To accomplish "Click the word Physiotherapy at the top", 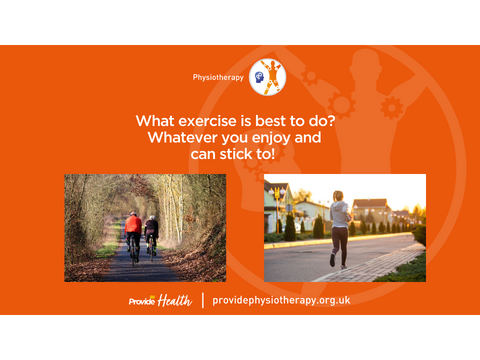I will click(218, 77).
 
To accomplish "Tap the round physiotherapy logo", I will click(268, 77).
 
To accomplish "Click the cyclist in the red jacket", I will click(133, 232).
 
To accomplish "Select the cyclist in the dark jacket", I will click(151, 233).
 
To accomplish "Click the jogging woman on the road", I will click(339, 227).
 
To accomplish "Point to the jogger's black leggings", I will click(339, 244).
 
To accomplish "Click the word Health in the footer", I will click(175, 300).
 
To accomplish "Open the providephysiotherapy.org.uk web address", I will click(281, 300).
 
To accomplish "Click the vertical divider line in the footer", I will click(202, 300).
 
